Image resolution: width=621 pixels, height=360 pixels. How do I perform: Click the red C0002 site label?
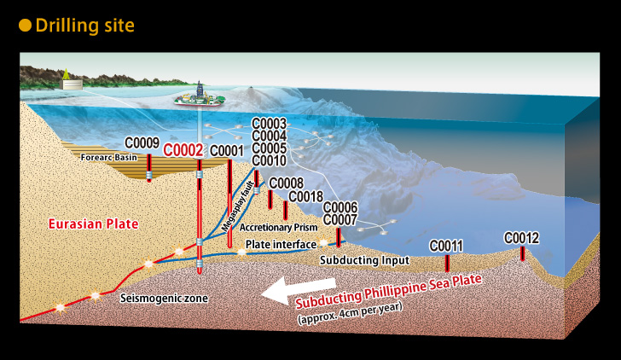[183, 150]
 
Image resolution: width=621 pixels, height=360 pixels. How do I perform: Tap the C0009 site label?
[142, 143]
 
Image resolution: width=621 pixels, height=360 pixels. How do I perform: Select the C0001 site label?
[227, 151]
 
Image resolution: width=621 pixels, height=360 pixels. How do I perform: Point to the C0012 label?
[521, 238]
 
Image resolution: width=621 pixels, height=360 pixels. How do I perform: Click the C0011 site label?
[446, 246]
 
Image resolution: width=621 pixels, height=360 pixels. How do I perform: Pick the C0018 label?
[305, 196]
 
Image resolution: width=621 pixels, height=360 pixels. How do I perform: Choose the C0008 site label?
[287, 183]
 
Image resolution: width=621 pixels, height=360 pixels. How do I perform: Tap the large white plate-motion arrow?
[299, 290]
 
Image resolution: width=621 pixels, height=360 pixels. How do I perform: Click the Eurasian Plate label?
[94, 224]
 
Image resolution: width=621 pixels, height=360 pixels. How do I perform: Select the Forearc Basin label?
[109, 158]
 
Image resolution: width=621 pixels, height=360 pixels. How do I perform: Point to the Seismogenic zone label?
[164, 299]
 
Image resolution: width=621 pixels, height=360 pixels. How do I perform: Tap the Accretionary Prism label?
[278, 227]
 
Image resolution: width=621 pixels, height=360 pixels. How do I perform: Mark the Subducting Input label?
[365, 260]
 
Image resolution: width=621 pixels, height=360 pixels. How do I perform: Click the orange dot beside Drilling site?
[25, 26]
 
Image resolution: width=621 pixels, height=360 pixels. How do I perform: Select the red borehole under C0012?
[522, 253]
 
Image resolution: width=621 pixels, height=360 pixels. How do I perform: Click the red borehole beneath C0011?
[447, 263]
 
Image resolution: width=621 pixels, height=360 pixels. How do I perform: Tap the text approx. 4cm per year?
[350, 313]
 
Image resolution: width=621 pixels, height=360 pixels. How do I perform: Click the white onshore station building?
[72, 84]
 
